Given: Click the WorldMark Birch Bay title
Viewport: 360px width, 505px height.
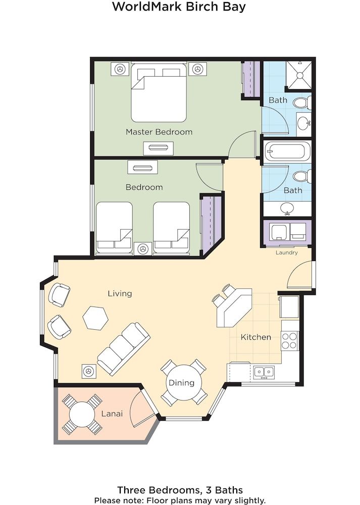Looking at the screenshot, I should [x=180, y=7].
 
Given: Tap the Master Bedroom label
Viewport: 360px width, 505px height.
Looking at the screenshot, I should [x=159, y=132].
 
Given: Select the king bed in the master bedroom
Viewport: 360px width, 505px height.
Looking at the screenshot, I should [x=159, y=93].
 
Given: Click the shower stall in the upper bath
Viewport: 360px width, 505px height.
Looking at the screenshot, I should [x=299, y=75].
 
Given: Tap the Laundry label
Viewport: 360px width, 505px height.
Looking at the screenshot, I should [x=286, y=252].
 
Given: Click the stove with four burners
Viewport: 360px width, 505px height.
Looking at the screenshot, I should [x=290, y=341].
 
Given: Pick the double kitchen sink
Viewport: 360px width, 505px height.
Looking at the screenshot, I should [x=263, y=372].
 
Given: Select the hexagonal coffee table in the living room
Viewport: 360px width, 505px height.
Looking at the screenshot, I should [x=95, y=318].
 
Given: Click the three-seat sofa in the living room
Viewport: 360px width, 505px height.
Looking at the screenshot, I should [x=123, y=348].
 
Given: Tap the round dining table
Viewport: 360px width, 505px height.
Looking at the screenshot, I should [x=182, y=382].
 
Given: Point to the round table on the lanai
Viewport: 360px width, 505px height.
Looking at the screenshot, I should [x=82, y=414].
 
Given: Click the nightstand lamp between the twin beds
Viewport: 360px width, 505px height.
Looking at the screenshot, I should [x=143, y=248].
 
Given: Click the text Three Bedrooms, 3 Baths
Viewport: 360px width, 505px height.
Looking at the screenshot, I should [x=180, y=489].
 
